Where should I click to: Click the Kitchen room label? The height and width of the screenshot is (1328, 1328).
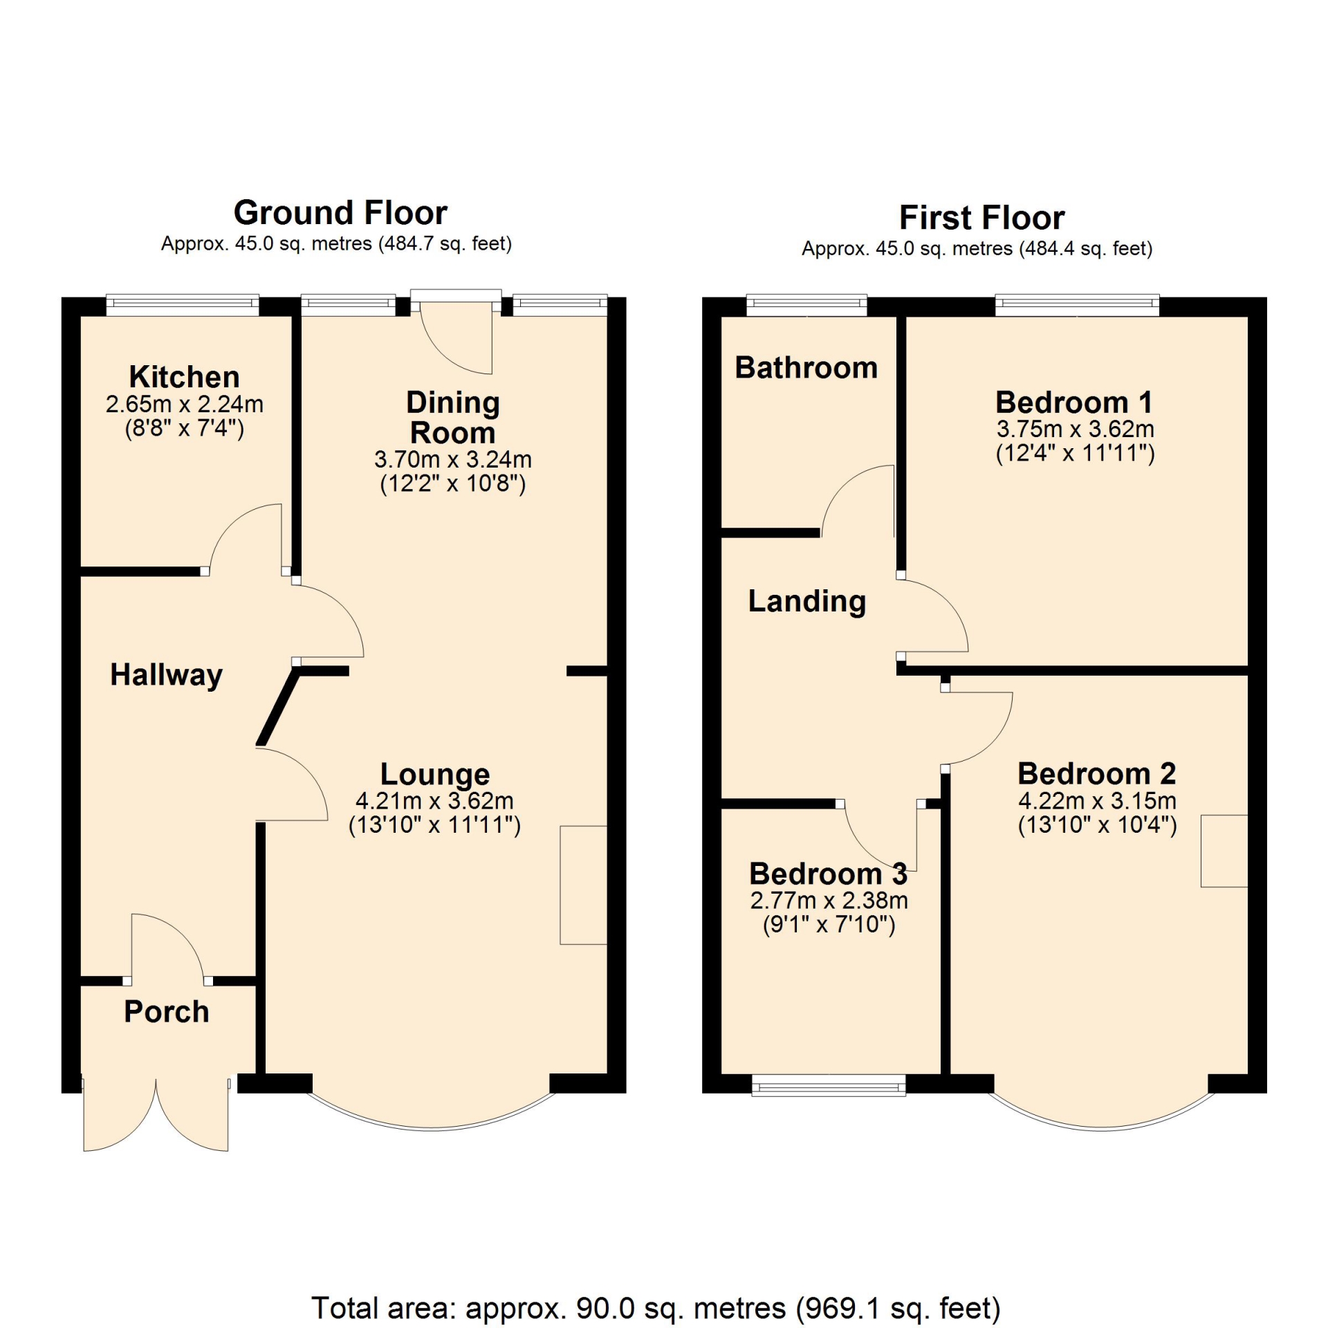[x=185, y=377]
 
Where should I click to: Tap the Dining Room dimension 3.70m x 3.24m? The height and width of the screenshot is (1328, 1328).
[x=453, y=459]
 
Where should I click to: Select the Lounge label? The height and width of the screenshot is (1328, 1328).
[x=435, y=775]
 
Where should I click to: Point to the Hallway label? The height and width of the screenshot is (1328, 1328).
[x=167, y=674]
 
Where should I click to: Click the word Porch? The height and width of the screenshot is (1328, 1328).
[x=167, y=1012]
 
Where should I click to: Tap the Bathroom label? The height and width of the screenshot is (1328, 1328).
[x=806, y=367]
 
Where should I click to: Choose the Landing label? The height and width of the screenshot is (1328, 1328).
[x=807, y=602]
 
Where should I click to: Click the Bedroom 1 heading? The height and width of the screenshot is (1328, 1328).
[x=1074, y=402]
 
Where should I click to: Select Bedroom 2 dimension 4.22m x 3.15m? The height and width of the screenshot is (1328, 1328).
[x=1098, y=801]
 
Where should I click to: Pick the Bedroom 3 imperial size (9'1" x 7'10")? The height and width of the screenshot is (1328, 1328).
[x=829, y=925]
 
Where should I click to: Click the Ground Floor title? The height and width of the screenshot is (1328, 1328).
[x=340, y=213]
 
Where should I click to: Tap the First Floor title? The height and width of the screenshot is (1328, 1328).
[x=982, y=218]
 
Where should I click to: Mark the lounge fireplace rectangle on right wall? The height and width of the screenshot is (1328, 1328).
[x=584, y=885]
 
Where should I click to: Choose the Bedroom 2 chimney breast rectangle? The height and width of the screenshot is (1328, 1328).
[x=1224, y=851]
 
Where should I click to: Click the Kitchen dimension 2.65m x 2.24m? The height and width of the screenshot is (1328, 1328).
[x=185, y=404]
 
